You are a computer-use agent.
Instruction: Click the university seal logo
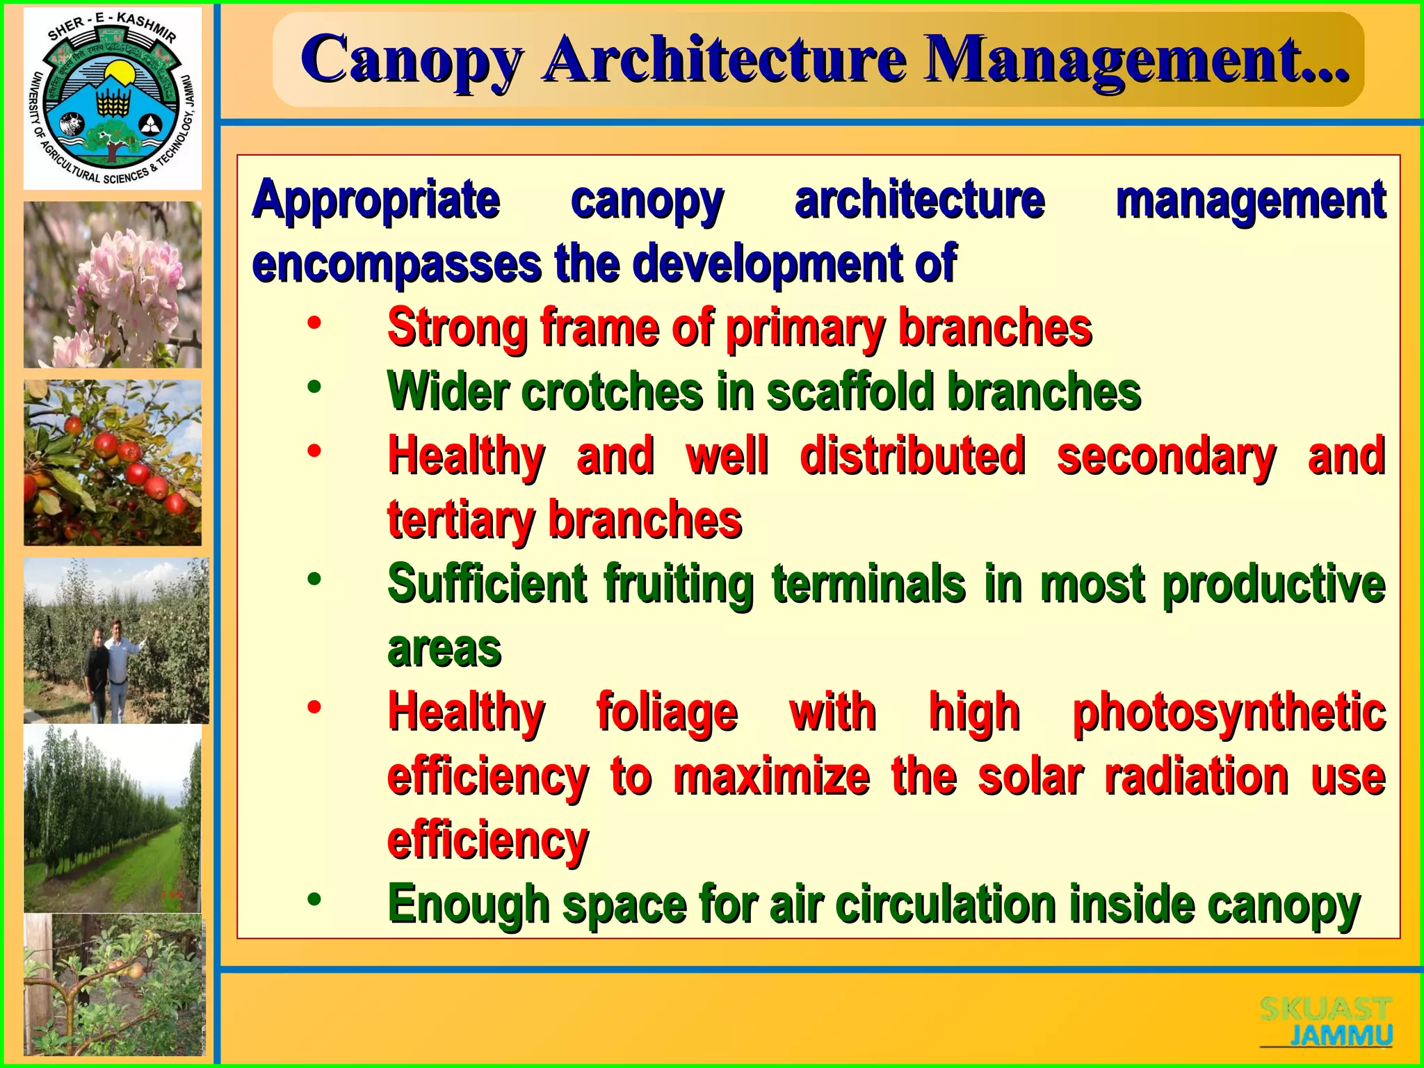tap(113, 98)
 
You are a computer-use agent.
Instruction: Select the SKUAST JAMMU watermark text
tap(1327, 1021)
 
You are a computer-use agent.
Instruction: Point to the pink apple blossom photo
tap(113, 284)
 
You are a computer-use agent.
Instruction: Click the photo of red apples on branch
tap(113, 462)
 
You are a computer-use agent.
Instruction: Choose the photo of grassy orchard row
tap(113, 818)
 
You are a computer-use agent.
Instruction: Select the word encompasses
tap(396, 264)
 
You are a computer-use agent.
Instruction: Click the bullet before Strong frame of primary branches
tap(314, 323)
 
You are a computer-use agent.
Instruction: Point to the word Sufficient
tap(487, 584)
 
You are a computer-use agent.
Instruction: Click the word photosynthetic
tap(1229, 713)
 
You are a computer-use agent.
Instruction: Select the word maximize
tap(771, 777)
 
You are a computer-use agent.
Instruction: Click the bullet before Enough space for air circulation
tap(314, 900)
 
